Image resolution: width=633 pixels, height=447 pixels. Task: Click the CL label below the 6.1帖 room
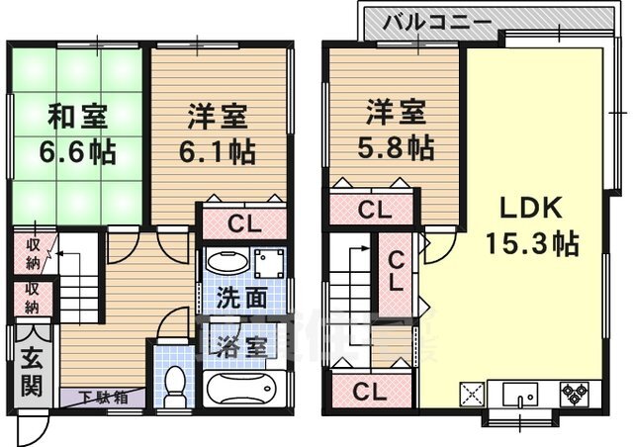243,223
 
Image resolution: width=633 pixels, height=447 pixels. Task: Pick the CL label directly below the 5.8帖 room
372,209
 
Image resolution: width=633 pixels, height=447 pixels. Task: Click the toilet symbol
174,385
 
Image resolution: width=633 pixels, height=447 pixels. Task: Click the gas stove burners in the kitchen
574,392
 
